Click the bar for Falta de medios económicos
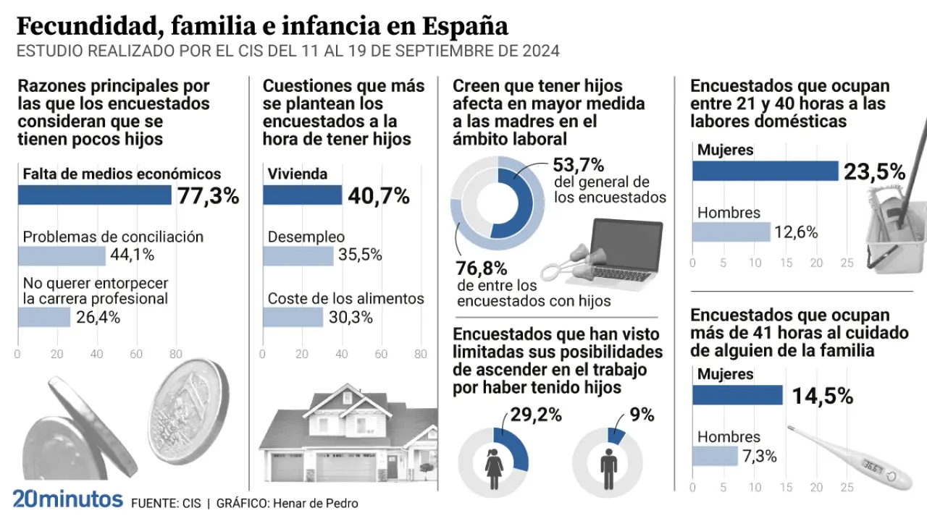coord(94,195)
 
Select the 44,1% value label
coord(133,255)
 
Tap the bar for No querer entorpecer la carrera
coord(43,317)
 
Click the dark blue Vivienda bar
coord(302,195)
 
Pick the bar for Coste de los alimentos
coord(293,317)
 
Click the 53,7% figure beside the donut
coord(579,165)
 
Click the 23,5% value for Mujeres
coord(874,172)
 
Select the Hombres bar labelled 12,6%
coord(731,232)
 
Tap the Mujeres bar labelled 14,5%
coord(737,395)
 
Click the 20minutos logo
coord(67,499)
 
